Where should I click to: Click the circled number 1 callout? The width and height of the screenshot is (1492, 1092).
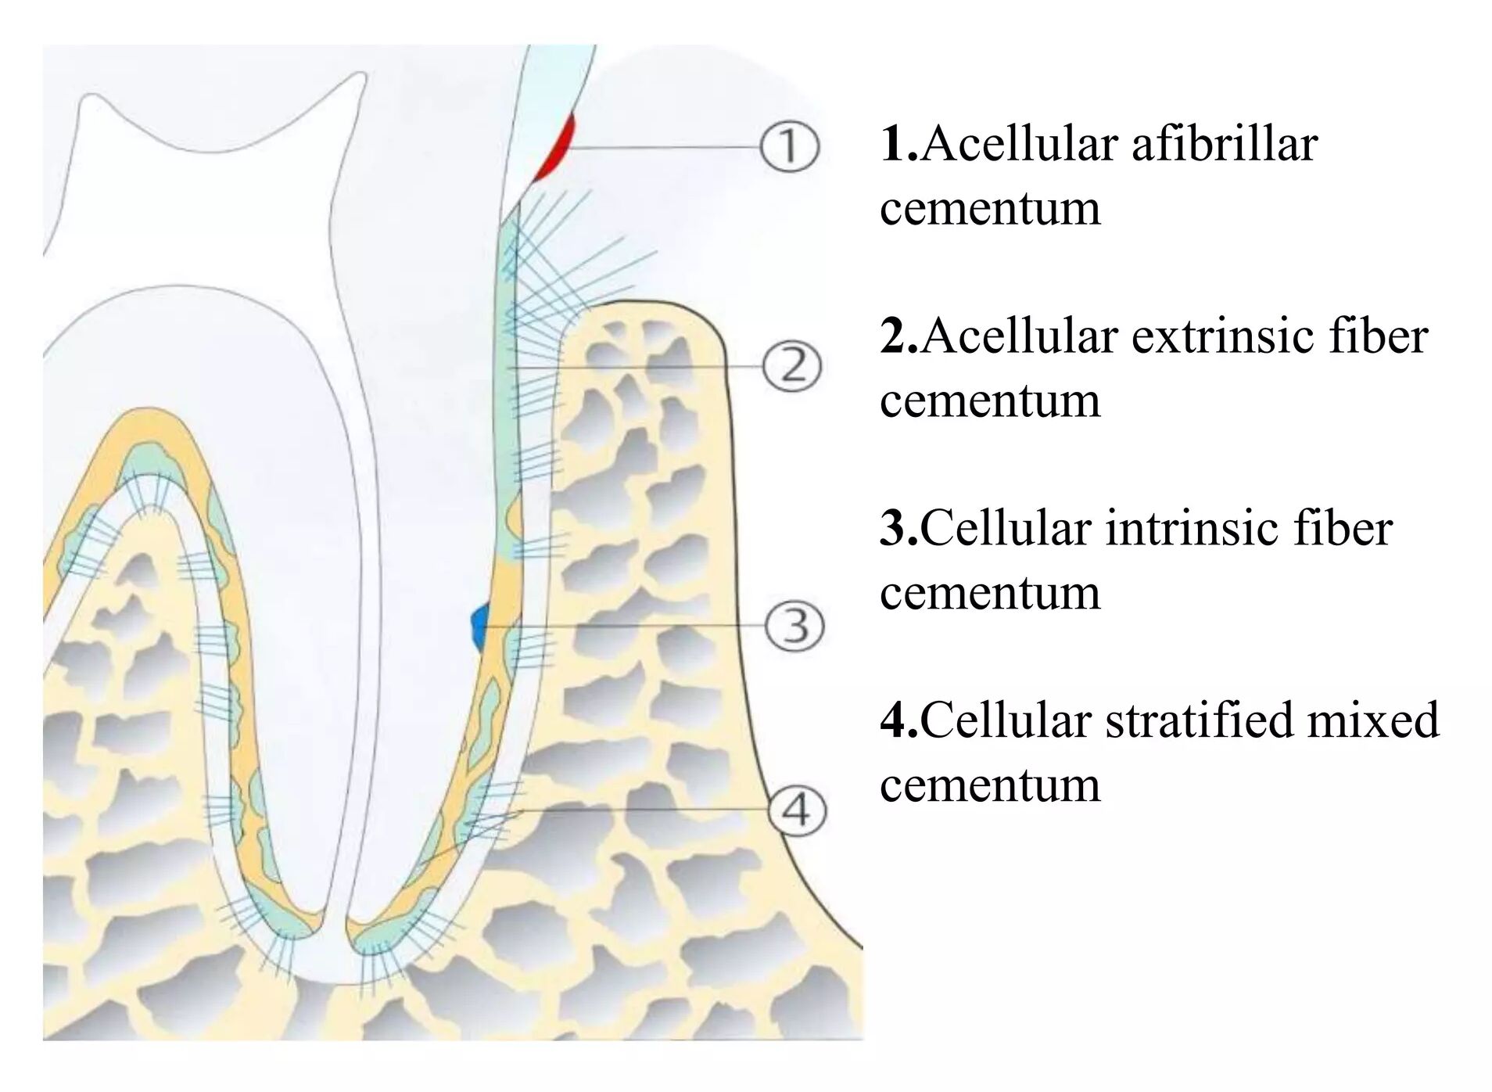pyautogui.click(x=789, y=147)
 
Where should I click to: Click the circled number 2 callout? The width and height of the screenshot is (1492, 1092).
pyautogui.click(x=791, y=366)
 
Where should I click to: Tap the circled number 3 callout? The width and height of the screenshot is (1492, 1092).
pyautogui.click(x=794, y=627)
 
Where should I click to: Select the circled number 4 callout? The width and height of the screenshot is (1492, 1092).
pyautogui.click(x=796, y=810)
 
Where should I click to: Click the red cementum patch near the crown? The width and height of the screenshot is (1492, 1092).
pyautogui.click(x=558, y=149)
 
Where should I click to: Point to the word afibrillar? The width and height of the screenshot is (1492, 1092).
pyautogui.click(x=1224, y=144)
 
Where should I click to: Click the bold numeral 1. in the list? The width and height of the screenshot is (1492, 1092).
pyautogui.click(x=898, y=144)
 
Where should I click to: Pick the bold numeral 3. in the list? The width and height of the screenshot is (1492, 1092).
pyautogui.click(x=898, y=529)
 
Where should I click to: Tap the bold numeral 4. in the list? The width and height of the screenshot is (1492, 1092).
pyautogui.click(x=898, y=720)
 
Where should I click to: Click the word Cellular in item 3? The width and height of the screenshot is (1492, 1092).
pyautogui.click(x=1006, y=528)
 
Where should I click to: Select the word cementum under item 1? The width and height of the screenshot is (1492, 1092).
pyautogui.click(x=989, y=210)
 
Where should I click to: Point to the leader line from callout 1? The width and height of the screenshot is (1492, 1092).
pyautogui.click(x=665, y=147)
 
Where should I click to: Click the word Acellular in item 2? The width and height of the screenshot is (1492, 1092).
pyautogui.click(x=1020, y=336)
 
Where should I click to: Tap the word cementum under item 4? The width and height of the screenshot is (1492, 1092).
pyautogui.click(x=989, y=785)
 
